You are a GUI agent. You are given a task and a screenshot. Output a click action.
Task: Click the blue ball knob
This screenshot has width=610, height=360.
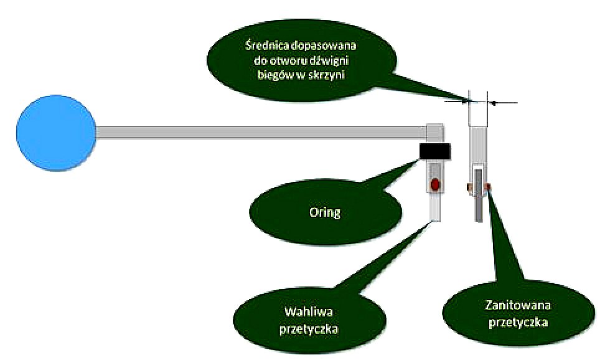click(55, 133)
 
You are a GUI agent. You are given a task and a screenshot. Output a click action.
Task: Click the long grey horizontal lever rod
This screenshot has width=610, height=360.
click(261, 133)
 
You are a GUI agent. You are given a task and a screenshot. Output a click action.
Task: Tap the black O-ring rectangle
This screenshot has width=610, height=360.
click(435, 151)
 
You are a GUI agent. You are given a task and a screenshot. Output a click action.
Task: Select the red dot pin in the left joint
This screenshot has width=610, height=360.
click(435, 184)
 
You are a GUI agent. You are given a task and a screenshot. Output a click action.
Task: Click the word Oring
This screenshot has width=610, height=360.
click(325, 212)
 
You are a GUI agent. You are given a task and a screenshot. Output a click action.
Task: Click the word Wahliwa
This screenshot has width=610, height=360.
click(309, 312)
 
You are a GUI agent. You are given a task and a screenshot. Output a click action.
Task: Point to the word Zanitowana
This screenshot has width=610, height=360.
click(518, 305)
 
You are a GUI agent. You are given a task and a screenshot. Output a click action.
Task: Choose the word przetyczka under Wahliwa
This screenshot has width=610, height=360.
click(309, 329)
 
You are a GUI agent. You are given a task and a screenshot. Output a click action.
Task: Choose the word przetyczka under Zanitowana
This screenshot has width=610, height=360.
click(518, 323)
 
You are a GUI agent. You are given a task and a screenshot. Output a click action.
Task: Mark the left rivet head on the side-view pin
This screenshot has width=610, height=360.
click(469, 187)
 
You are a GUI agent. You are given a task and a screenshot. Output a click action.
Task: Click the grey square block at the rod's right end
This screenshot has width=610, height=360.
click(435, 133)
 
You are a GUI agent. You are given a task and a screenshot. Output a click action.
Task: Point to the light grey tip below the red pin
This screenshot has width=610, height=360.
click(435, 207)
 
